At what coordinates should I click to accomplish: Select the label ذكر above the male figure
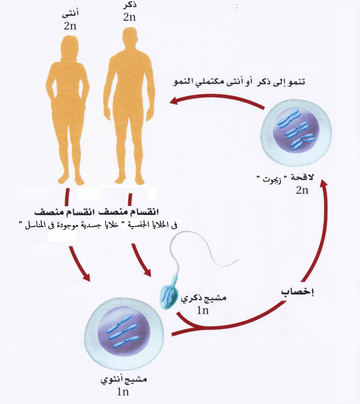[130, 6]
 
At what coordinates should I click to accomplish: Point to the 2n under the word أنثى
[70, 26]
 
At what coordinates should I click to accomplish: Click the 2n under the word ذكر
[129, 17]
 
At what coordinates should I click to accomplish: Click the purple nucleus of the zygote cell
[296, 130]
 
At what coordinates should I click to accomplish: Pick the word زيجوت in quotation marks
[272, 180]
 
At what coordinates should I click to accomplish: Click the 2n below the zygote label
[302, 190]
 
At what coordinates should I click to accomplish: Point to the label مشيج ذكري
[204, 298]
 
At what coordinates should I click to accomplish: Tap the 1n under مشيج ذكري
[203, 310]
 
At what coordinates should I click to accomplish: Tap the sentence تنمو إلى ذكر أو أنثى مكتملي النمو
[239, 82]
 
